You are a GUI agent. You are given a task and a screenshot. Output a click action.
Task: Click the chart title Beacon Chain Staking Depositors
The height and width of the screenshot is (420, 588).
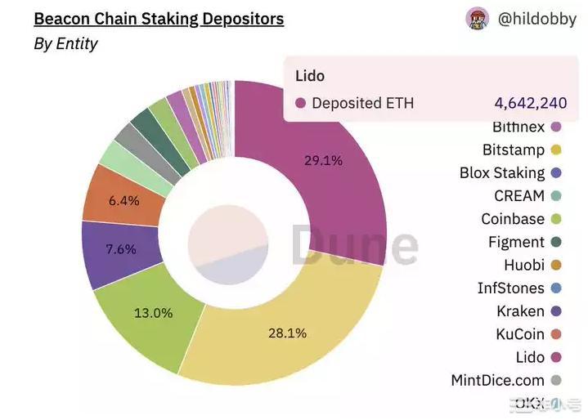159,17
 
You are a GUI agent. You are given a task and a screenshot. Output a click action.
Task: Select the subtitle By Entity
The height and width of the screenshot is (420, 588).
65,44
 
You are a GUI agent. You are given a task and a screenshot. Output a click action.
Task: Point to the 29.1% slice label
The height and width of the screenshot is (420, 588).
323,160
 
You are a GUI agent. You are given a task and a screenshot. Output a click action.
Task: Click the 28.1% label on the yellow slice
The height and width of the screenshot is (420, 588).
287,333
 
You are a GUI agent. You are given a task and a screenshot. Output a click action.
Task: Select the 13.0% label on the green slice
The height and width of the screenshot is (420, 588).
153,313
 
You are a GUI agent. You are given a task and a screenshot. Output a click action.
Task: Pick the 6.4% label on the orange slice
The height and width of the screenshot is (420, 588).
123,200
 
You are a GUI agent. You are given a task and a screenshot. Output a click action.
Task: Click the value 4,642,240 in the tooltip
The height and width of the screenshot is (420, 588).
530,103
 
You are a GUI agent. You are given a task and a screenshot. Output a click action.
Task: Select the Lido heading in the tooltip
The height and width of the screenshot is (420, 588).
310,76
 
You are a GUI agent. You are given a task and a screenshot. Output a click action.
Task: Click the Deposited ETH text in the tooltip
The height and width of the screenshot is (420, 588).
362,103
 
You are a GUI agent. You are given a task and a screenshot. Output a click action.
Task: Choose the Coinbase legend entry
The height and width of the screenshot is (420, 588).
512,219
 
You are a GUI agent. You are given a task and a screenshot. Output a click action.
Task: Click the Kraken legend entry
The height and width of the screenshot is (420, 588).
520,311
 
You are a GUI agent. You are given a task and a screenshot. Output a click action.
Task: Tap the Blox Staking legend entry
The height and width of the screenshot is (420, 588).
501,173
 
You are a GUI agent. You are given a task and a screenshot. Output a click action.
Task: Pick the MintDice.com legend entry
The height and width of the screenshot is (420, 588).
497,380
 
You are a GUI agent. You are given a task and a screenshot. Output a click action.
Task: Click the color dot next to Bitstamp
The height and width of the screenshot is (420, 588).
555,150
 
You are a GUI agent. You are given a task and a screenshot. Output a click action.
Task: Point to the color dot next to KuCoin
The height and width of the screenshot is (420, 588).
555,334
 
